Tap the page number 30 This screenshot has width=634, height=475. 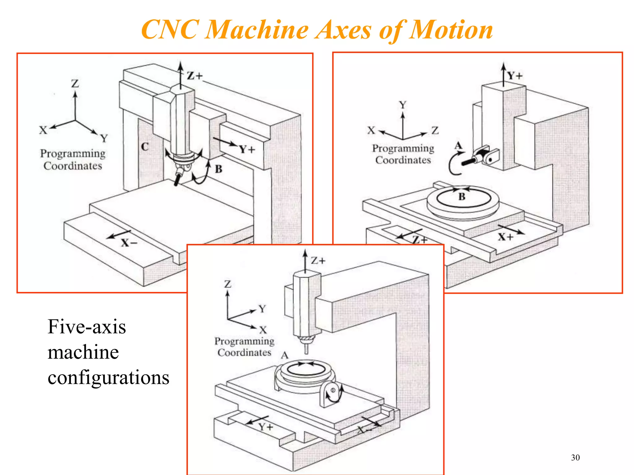575,457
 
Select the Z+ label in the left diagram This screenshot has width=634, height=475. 194,76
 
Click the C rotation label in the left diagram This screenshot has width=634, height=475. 145,147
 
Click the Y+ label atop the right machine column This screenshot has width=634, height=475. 515,76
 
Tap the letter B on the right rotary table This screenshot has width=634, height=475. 462,197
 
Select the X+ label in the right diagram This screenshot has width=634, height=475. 506,237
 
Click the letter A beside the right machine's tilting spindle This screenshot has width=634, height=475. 458,145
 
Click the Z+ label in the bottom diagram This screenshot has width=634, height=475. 318,261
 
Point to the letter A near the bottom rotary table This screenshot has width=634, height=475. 284,356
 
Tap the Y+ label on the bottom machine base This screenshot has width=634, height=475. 266,427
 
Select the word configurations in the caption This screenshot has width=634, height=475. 108,378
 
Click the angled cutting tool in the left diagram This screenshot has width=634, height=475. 178,178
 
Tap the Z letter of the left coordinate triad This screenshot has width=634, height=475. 75,83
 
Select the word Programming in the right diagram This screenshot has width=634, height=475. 403,148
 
